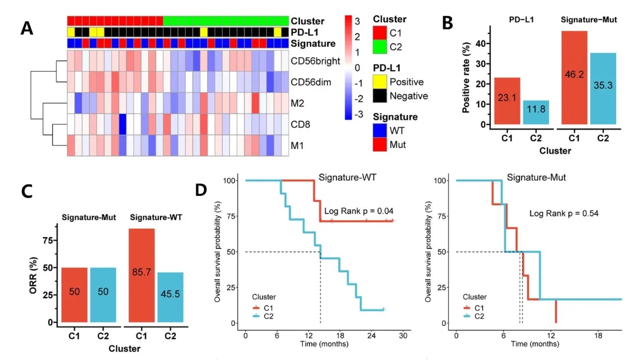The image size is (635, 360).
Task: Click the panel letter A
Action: pos(27,28)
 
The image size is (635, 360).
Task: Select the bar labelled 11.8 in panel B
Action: pos(540,112)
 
